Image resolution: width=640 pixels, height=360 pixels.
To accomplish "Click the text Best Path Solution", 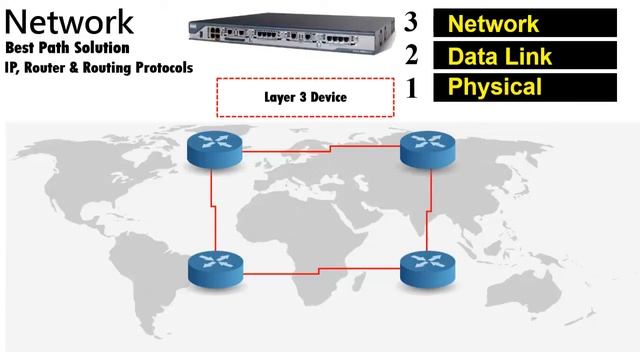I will [x=67, y=48].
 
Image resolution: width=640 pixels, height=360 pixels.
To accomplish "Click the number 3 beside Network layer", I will [x=410, y=22].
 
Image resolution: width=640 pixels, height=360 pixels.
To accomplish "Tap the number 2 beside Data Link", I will [x=410, y=54].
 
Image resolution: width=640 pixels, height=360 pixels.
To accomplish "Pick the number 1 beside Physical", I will [x=410, y=87].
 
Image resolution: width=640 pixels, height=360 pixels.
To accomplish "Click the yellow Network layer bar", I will [x=534, y=23].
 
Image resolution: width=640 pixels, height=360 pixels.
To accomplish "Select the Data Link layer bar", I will [x=534, y=55].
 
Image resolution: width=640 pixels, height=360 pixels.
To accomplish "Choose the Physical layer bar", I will [x=534, y=87].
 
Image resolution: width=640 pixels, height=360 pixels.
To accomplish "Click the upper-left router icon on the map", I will [x=214, y=151].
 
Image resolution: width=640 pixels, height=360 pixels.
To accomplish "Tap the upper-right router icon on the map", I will [x=428, y=151].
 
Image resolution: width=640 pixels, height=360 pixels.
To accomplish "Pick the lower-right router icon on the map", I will [x=428, y=266].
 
